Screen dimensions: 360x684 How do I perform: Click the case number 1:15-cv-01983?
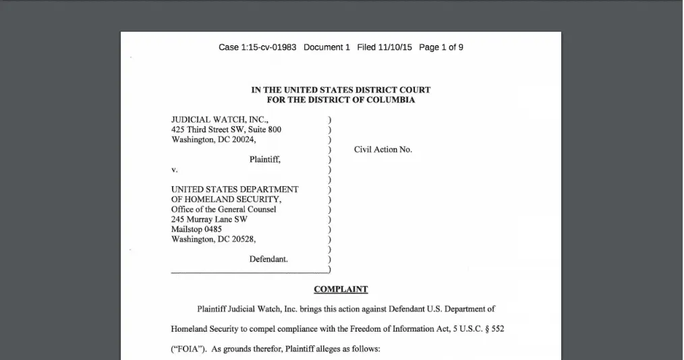pos(268,47)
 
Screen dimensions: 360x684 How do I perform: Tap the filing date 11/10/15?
pos(395,47)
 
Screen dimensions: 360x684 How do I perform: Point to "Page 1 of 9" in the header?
pos(441,47)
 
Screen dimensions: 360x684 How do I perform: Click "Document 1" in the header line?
pos(326,47)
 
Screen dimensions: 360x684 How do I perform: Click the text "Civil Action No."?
pos(382,150)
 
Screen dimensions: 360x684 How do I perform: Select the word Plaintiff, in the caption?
pos(264,160)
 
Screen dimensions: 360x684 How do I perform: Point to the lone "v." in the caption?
pos(174,170)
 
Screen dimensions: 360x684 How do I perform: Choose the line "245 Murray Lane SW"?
pos(209,219)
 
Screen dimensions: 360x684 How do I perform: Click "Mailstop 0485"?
pos(196,229)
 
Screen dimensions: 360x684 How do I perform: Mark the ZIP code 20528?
pos(242,239)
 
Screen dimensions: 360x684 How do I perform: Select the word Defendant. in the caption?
pos(268,259)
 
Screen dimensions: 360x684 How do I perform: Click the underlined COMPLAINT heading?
pos(341,289)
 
